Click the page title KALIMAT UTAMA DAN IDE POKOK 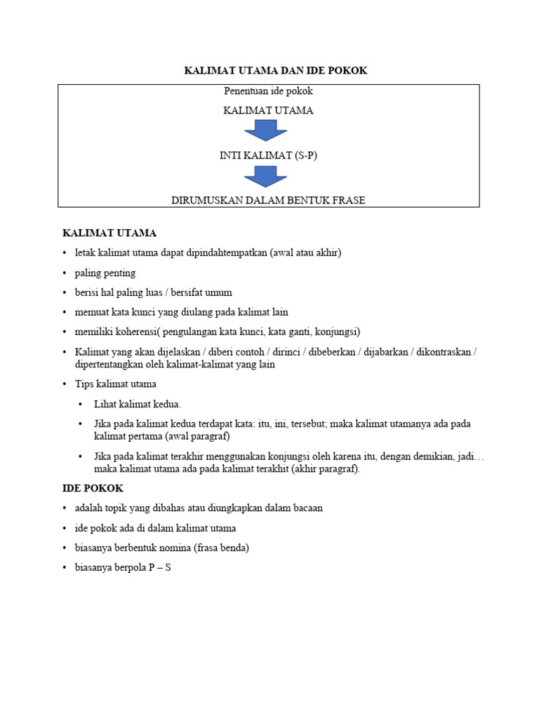click(275, 71)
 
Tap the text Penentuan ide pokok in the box click(268, 91)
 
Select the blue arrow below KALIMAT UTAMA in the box click(265, 130)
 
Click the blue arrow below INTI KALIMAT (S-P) click(265, 176)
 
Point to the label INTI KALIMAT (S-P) click(268, 155)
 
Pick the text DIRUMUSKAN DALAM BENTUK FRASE click(268, 200)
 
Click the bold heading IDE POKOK click(93, 488)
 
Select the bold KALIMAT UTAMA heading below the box click(109, 233)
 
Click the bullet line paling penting click(105, 273)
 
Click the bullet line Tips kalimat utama click(116, 384)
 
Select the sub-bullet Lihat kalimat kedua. click(138, 404)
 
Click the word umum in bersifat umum click(218, 292)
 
